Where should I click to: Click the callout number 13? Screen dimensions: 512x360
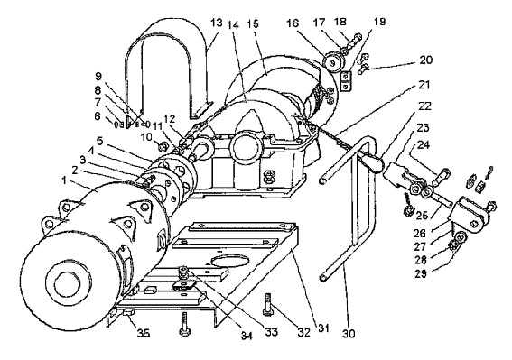click(x=216, y=23)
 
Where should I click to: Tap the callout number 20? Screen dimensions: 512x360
click(x=425, y=60)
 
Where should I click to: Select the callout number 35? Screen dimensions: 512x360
click(x=143, y=333)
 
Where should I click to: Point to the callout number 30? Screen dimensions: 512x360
click(x=349, y=334)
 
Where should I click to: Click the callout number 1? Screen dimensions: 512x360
click(x=64, y=180)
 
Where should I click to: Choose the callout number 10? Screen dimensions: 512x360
click(x=146, y=136)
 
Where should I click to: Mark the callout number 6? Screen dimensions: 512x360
click(x=98, y=115)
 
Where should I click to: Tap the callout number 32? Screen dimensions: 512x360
click(x=303, y=332)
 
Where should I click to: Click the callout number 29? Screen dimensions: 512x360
click(x=421, y=273)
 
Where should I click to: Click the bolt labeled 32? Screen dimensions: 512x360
click(x=267, y=304)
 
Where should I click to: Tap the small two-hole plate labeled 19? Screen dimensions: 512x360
click(x=346, y=81)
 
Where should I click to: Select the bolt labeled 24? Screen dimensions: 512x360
click(x=442, y=177)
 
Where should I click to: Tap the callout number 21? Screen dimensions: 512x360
click(x=424, y=85)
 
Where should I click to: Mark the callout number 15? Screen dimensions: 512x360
click(x=252, y=24)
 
